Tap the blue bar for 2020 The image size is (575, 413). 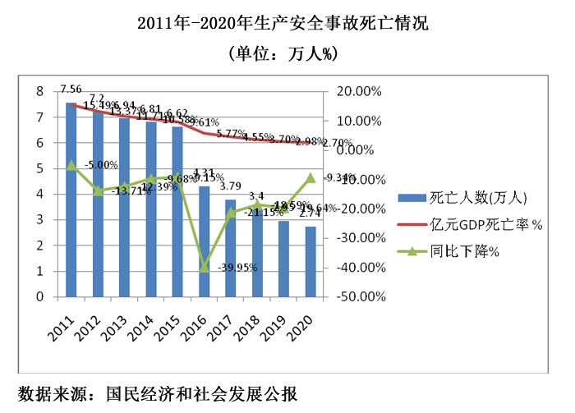coord(310,262)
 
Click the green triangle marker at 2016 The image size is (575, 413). coord(205,267)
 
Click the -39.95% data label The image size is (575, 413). coord(238,268)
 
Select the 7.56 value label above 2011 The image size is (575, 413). coord(71,89)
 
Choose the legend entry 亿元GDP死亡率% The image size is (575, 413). coord(476,225)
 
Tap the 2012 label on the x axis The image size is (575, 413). coord(95,318)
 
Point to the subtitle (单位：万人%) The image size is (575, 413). coord(287,54)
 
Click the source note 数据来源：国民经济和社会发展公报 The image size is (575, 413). coord(157,392)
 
